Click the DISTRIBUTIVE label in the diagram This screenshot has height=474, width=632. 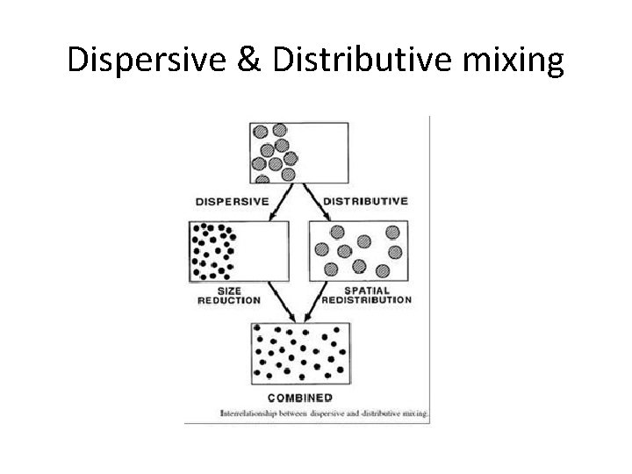point(365,200)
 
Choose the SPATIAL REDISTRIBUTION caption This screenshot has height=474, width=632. point(366,294)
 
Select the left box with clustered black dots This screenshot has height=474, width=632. point(238,250)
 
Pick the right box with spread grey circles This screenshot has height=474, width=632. point(359,250)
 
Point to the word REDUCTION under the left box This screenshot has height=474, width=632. point(230,299)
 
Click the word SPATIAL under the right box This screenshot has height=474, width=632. point(366,290)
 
